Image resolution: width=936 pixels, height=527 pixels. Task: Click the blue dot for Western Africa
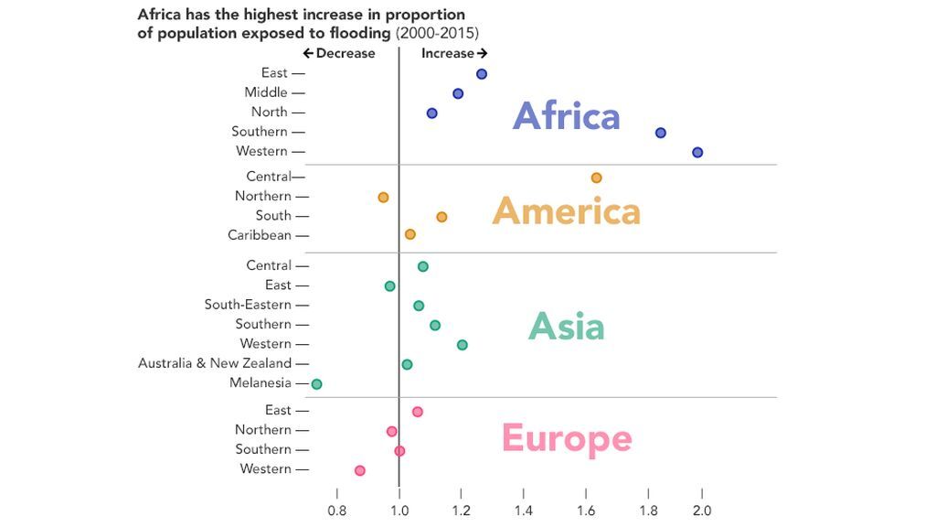coord(697,153)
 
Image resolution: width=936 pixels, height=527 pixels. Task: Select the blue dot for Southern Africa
coord(661,133)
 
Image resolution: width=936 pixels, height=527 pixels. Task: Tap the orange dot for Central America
coord(597,177)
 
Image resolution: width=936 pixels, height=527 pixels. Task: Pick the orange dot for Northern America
coord(383,198)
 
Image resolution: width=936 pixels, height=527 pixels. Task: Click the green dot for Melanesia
coord(316,384)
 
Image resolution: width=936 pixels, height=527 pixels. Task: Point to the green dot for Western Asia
coord(462,345)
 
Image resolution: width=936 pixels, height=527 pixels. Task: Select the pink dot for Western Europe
coord(359,470)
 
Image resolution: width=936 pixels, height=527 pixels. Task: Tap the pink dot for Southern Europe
coord(399,451)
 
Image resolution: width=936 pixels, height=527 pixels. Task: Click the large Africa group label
coord(566,116)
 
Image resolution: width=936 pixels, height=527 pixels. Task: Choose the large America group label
coord(566,211)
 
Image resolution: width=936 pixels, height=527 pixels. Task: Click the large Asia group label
coord(566,327)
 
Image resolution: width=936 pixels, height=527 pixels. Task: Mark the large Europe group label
coord(566,438)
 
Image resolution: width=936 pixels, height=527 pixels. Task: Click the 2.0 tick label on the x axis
coord(702,510)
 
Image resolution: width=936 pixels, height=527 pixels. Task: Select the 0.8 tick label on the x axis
coord(337,510)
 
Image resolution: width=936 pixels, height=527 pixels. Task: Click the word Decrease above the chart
coord(345,53)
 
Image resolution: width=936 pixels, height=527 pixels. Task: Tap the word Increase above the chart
coord(448,53)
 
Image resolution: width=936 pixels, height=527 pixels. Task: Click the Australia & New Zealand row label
coord(215,363)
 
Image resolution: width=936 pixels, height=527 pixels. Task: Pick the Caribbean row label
coord(260,235)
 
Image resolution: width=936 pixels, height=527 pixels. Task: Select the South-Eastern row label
coord(248,305)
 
